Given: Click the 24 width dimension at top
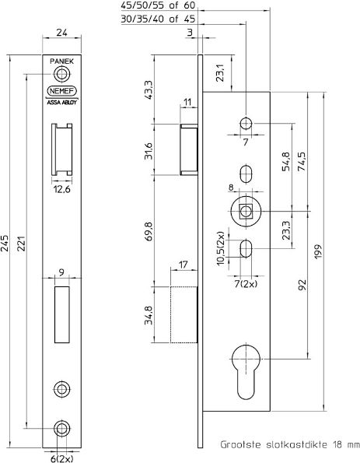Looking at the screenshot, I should [x=61, y=33].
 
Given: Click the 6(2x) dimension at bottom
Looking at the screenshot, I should [x=61, y=457].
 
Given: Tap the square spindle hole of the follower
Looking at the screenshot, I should [x=246, y=211].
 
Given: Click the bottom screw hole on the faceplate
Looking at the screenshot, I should [x=61, y=429].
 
